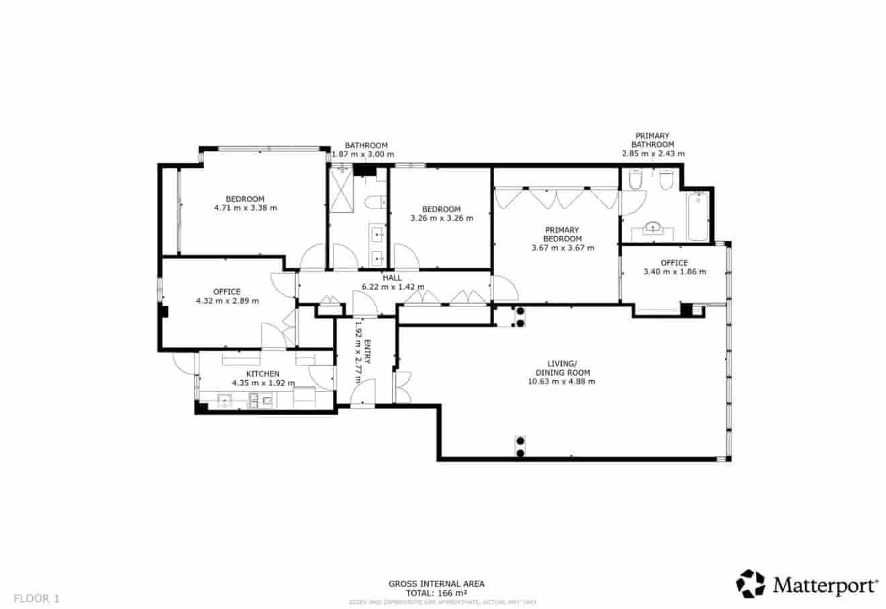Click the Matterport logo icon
click(750, 584)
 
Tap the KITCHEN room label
click(263, 374)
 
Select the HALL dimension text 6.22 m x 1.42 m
click(393, 287)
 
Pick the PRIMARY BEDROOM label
click(562, 234)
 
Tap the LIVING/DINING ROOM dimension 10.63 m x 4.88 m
click(562, 382)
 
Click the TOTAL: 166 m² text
click(436, 593)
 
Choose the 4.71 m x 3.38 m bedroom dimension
click(245, 208)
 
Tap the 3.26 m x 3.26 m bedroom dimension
click(441, 218)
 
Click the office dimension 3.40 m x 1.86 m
click(675, 272)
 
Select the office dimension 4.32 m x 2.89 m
click(227, 301)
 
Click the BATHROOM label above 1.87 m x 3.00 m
click(366, 146)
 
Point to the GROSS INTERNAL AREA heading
click(436, 584)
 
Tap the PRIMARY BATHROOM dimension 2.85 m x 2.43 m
click(653, 154)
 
